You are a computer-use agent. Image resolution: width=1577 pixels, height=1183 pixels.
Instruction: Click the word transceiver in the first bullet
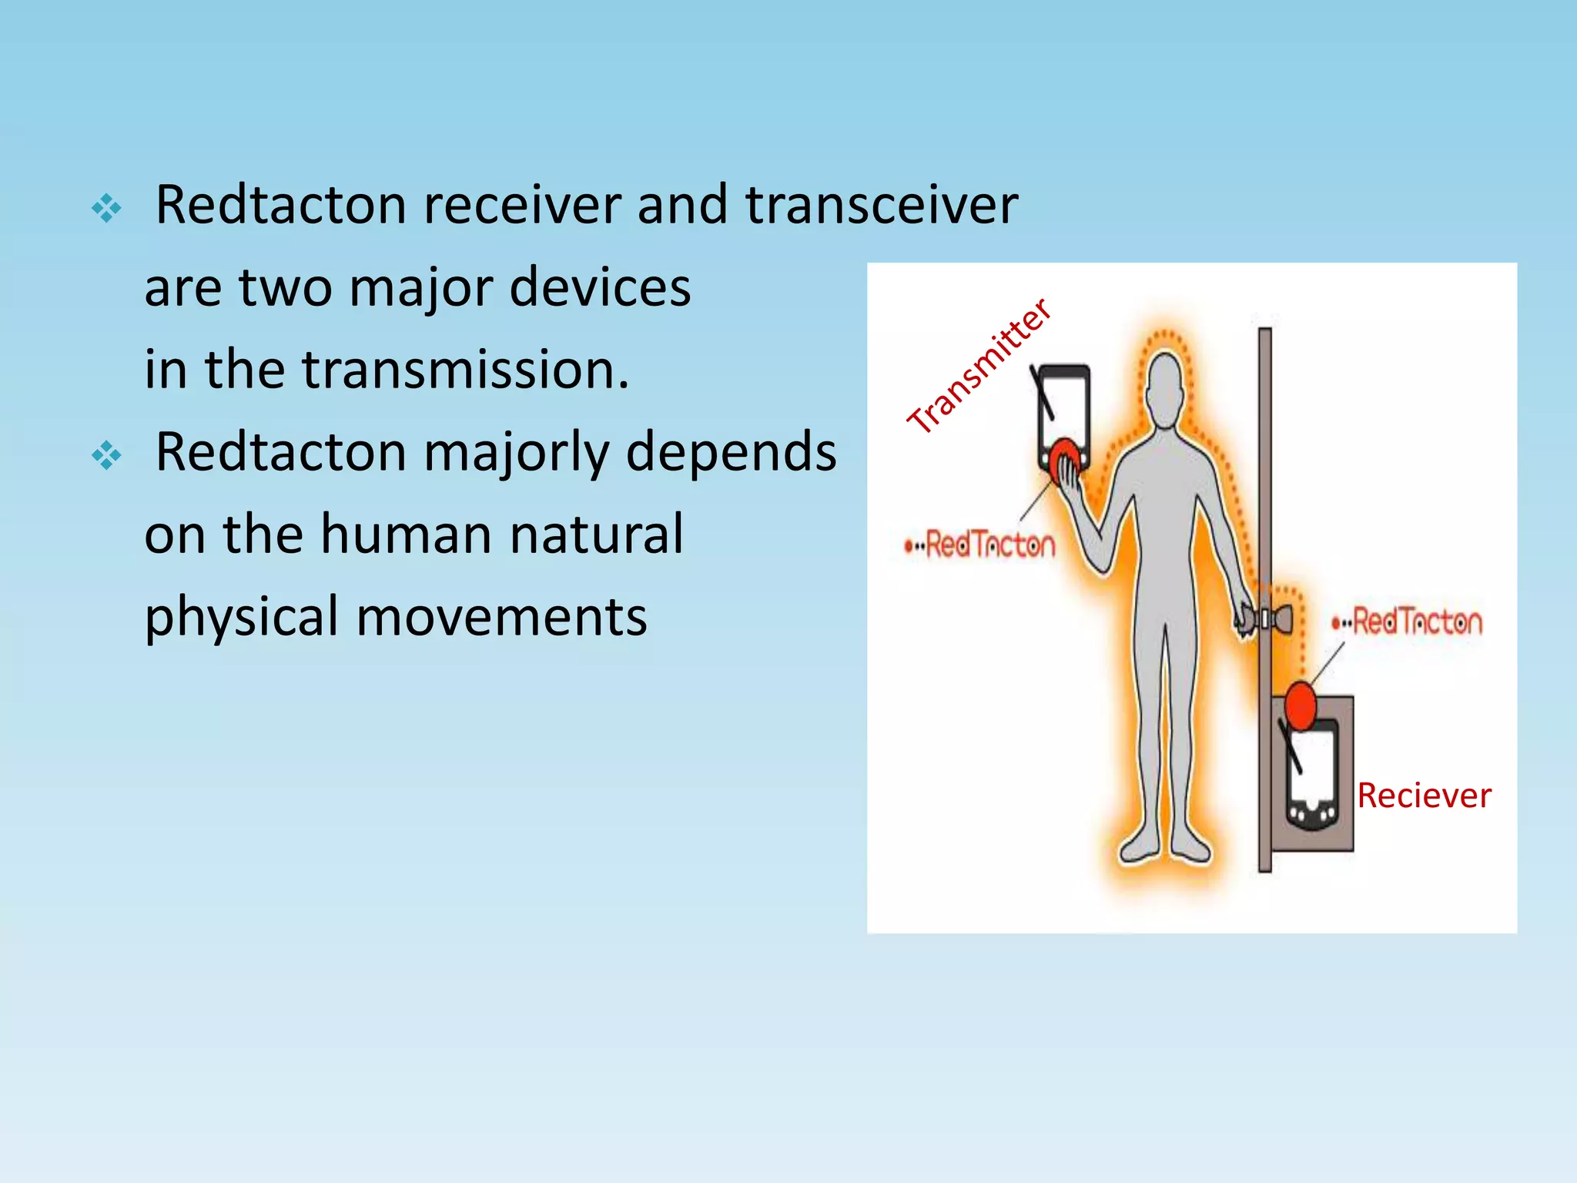pyautogui.click(x=882, y=206)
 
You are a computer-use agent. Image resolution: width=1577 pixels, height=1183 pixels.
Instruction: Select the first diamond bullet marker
pyautogui.click(x=106, y=208)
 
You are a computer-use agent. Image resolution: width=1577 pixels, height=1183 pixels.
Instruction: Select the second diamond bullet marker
pyautogui.click(x=106, y=455)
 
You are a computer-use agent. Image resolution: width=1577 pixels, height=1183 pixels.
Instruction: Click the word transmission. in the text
pyautogui.click(x=465, y=370)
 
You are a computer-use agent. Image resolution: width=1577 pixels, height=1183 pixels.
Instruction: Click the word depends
pyautogui.click(x=731, y=454)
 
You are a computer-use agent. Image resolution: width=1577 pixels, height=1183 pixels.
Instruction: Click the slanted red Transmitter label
pyautogui.click(x=979, y=366)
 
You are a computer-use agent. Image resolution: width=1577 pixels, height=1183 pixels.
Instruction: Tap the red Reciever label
pyautogui.click(x=1424, y=796)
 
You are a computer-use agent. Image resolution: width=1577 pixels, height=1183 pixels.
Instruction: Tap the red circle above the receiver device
pyautogui.click(x=1301, y=705)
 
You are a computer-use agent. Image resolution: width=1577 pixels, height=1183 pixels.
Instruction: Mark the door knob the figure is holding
pyautogui.click(x=1263, y=618)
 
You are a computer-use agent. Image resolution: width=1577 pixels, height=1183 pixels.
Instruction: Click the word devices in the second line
pyautogui.click(x=600, y=288)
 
